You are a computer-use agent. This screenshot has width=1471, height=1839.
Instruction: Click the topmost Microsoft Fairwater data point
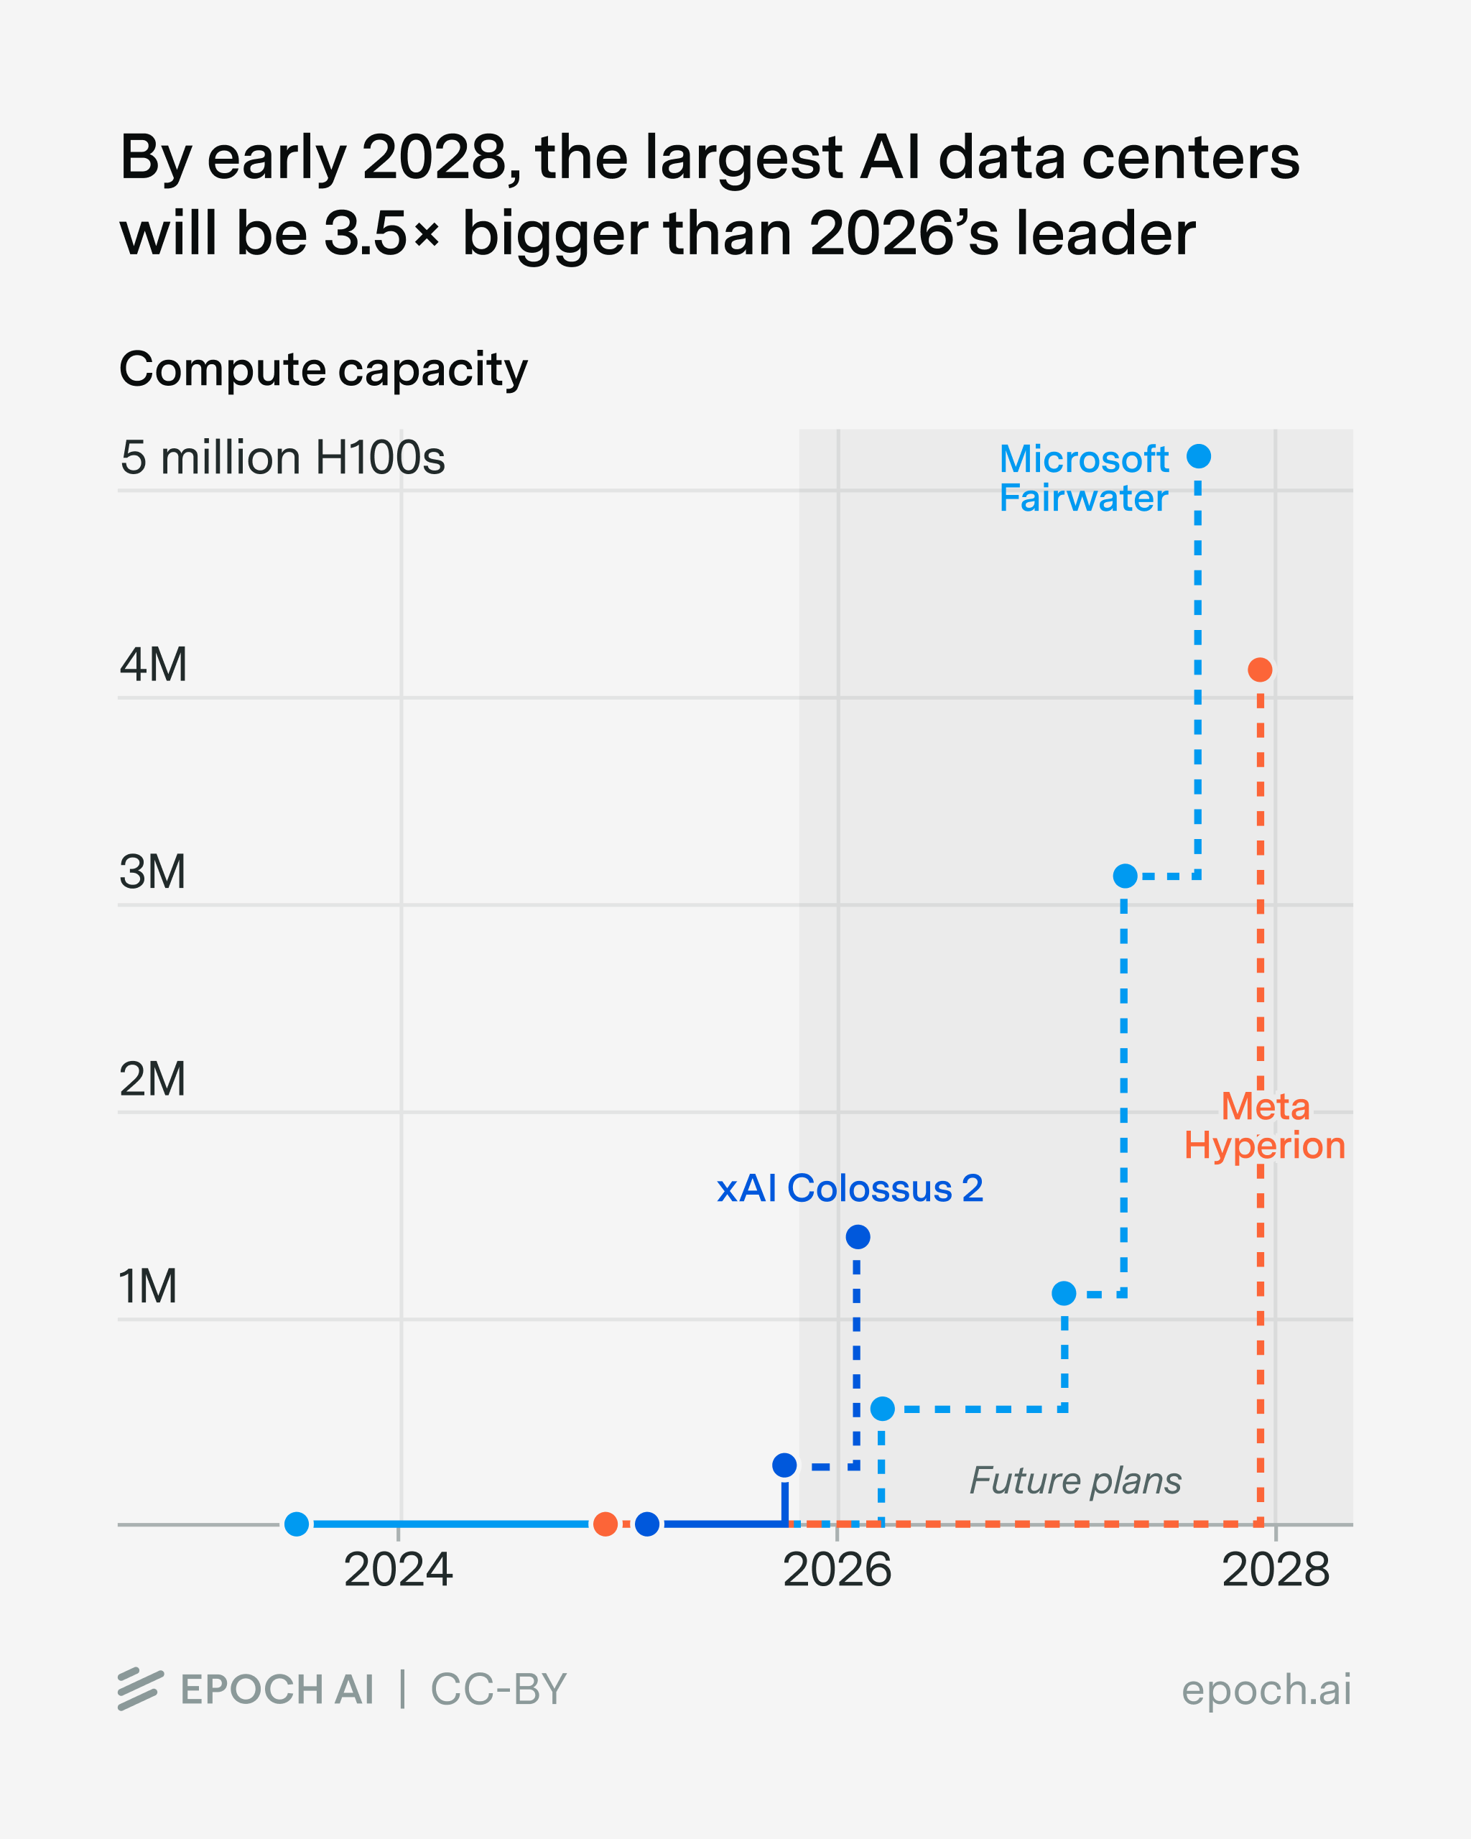click(1199, 456)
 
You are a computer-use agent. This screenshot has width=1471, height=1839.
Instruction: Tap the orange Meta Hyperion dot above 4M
click(1260, 670)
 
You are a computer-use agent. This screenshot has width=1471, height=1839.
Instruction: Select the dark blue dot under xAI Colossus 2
click(858, 1237)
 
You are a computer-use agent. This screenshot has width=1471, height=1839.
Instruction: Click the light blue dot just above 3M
click(1125, 876)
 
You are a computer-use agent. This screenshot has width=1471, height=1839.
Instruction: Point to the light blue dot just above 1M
click(1063, 1293)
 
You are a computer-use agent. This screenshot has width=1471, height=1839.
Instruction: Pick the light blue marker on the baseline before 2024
click(296, 1524)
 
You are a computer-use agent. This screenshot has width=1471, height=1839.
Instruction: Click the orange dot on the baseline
click(605, 1524)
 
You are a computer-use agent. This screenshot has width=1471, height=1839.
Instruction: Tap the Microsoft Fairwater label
click(1083, 478)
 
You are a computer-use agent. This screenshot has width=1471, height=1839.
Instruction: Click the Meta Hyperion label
click(1265, 1126)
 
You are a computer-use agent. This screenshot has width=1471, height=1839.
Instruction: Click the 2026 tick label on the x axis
click(837, 1570)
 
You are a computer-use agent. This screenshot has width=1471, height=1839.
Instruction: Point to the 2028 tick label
click(1276, 1570)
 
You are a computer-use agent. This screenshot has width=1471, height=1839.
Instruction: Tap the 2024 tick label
click(398, 1570)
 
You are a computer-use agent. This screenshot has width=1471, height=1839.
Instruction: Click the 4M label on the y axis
click(154, 664)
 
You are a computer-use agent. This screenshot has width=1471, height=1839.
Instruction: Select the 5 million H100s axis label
click(282, 458)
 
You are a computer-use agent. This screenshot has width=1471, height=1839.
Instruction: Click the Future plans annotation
click(1075, 1481)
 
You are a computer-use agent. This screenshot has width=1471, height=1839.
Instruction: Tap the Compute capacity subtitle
click(323, 369)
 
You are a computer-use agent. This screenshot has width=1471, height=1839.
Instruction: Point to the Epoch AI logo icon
click(140, 1689)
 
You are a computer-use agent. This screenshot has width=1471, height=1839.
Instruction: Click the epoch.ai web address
click(1266, 1690)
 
